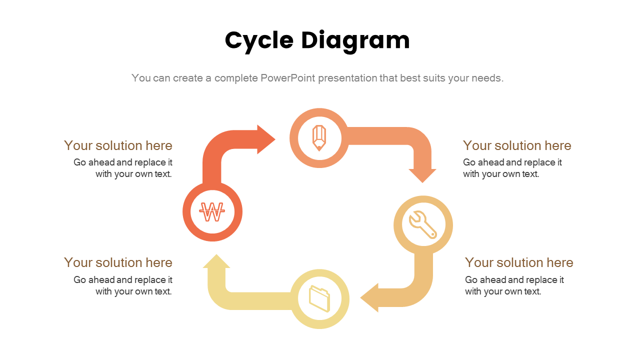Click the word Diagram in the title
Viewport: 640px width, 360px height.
(355, 41)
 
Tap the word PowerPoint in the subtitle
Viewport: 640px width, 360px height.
(287, 78)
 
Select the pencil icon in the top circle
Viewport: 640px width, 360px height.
(319, 138)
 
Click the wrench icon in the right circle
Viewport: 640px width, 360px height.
(423, 224)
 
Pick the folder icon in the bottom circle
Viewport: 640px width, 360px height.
(319, 298)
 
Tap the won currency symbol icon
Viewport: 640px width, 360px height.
(212, 212)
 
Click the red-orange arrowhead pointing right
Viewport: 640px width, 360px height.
(265, 139)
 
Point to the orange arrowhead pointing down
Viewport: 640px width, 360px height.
(422, 175)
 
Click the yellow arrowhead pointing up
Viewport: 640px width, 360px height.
(216, 262)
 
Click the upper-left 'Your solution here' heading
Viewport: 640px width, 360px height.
(118, 145)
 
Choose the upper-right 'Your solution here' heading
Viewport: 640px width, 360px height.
(517, 145)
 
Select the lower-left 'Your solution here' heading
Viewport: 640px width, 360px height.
(118, 262)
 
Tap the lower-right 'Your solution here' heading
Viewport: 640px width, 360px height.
(519, 262)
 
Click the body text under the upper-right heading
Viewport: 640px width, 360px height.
(512, 168)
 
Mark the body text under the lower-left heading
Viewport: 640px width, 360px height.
(123, 285)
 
